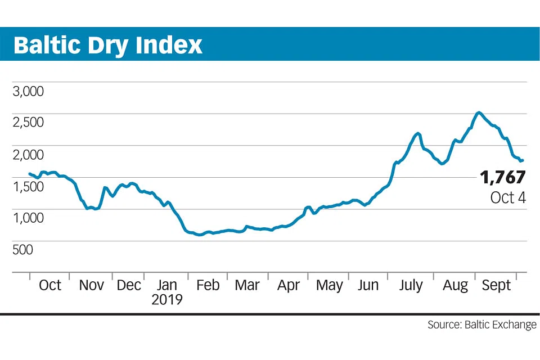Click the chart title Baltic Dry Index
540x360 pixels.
click(107, 45)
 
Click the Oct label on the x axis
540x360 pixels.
click(50, 285)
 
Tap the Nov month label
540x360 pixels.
click(91, 285)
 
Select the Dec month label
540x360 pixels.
click(129, 285)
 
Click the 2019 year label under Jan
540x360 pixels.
click(167, 299)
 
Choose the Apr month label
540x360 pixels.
click(289, 285)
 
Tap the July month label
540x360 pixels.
click(410, 285)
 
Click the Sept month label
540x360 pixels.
click(496, 285)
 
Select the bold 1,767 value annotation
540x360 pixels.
click(502, 178)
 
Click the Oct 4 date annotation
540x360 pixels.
click(507, 197)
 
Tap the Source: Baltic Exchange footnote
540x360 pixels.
click(481, 325)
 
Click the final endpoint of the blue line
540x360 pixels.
click(523, 160)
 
